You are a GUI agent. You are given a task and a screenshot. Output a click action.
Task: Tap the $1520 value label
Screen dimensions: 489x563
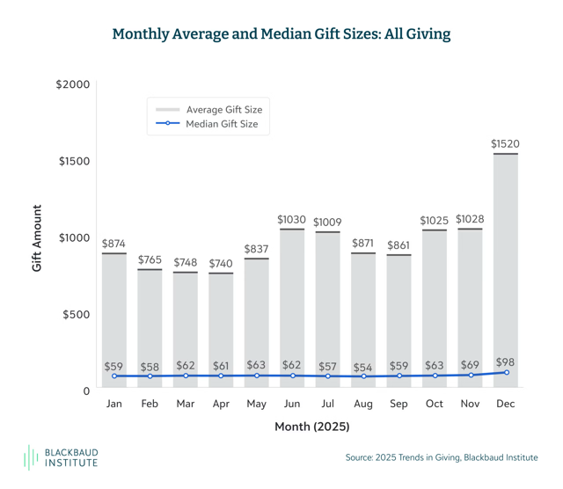505,142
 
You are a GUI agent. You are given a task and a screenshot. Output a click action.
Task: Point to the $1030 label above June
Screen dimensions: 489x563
291,218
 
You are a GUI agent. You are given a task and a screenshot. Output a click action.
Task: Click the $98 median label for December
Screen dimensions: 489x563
506,361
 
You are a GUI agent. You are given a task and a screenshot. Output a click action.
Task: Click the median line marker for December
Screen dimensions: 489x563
506,373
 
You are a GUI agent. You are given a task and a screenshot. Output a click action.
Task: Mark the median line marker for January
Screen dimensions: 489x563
114,376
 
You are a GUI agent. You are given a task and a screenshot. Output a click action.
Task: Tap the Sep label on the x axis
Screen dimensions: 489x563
398,404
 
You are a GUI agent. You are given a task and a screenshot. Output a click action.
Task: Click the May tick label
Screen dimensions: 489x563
256,404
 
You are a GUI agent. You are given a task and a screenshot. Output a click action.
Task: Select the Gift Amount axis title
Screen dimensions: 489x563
38,237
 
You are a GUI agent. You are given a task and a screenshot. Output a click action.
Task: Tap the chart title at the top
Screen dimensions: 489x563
281,34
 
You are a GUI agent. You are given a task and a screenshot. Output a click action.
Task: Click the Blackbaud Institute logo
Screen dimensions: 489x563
66,457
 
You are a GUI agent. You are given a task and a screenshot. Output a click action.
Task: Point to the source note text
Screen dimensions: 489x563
442,457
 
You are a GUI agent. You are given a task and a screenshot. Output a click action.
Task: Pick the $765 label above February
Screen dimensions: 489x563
150,259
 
